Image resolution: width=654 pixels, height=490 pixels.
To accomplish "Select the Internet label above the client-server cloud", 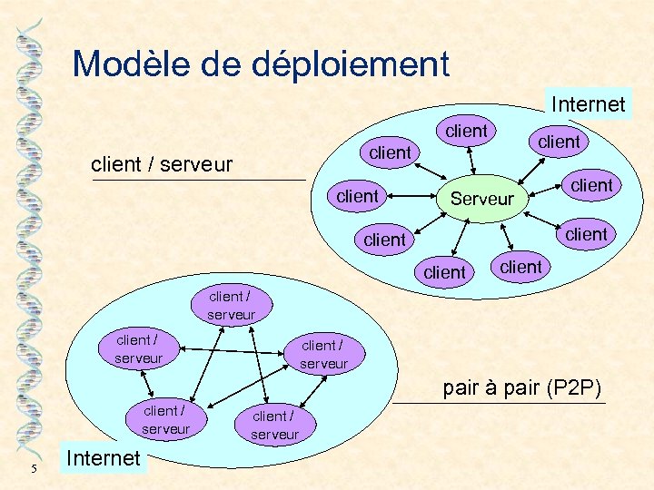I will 588,104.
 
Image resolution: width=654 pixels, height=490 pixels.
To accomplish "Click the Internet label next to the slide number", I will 104,458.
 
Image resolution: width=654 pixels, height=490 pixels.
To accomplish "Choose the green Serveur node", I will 481,199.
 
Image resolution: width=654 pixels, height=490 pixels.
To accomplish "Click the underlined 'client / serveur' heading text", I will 163,165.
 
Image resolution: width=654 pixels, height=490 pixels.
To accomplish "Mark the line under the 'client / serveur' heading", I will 199,181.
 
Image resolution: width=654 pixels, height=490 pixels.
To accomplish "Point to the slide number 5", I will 33,469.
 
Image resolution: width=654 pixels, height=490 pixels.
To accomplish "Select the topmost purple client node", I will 466,131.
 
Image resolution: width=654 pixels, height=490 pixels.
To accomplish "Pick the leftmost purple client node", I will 357,196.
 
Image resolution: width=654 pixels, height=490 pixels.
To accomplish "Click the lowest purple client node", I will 444,272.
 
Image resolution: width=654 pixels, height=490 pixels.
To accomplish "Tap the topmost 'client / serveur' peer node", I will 230,306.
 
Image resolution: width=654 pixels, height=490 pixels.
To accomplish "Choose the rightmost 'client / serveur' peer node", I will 323,355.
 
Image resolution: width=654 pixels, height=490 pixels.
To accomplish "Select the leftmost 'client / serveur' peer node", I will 138,349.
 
